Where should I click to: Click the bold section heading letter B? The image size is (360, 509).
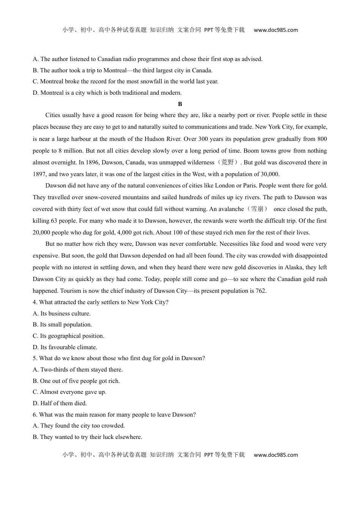coord(180,104)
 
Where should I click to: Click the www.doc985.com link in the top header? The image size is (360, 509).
coord(275,30)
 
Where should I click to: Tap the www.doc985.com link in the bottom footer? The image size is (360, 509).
coord(275,455)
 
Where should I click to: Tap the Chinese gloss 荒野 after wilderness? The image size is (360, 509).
coord(228,162)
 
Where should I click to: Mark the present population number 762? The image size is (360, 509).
coord(261,291)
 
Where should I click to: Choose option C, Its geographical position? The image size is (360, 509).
coord(68,336)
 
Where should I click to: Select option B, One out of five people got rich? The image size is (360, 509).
coord(76,381)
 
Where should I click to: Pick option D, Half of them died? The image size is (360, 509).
coord(59,403)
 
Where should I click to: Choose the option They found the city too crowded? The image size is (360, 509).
coord(78,426)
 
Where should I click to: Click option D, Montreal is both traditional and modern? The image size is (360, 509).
coord(107,93)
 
